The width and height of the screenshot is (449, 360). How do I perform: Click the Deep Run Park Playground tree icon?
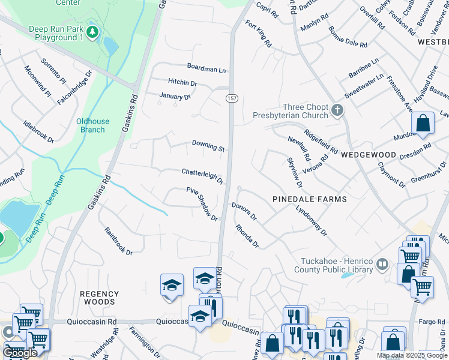pos(92,31)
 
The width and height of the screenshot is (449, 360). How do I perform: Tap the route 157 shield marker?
pos(231,98)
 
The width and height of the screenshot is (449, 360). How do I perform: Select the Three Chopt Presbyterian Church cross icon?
pos(337,110)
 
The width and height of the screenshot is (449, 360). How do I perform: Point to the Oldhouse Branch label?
pos(93,125)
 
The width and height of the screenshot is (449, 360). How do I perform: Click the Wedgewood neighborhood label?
pos(369,155)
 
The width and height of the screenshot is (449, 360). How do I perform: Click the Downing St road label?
pos(208,146)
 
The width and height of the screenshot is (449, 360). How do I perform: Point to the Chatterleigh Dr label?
pos(202,175)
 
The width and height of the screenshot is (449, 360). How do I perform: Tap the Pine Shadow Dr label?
pos(202,204)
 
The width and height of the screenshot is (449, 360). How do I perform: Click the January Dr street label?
pos(175,96)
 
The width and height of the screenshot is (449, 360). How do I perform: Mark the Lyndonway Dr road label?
pos(310,221)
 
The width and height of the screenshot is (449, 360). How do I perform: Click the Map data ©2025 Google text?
pos(412,355)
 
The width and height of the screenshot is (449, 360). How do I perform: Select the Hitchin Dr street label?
pos(182,83)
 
